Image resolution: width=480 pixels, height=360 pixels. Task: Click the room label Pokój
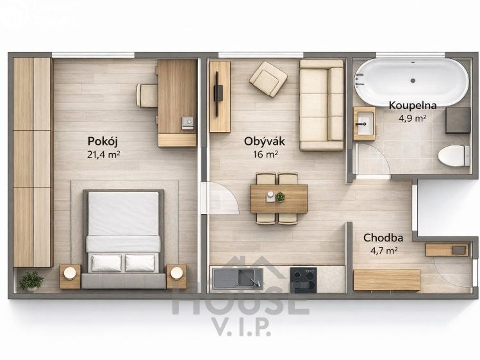(103, 142)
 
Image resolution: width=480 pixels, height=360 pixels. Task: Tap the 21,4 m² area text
(103, 154)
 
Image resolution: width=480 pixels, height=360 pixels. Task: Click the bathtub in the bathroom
(411, 81)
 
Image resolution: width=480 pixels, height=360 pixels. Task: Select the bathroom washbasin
(364, 123)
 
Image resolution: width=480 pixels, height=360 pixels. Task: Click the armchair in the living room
(268, 79)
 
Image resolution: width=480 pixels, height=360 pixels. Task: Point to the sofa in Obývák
(322, 104)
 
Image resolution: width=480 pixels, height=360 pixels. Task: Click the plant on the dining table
(279, 197)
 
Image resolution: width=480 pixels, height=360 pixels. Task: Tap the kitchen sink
(237, 278)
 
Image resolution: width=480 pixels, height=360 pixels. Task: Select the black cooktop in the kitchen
(303, 279)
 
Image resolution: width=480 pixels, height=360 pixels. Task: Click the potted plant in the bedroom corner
(31, 281)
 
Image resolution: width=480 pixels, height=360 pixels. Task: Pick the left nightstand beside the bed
(70, 275)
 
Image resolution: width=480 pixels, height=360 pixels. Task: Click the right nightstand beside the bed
(176, 275)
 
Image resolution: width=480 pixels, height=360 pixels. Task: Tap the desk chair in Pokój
(147, 95)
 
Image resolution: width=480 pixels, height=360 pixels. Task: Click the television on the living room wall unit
(217, 94)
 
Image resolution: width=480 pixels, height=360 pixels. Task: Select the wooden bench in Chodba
(386, 279)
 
